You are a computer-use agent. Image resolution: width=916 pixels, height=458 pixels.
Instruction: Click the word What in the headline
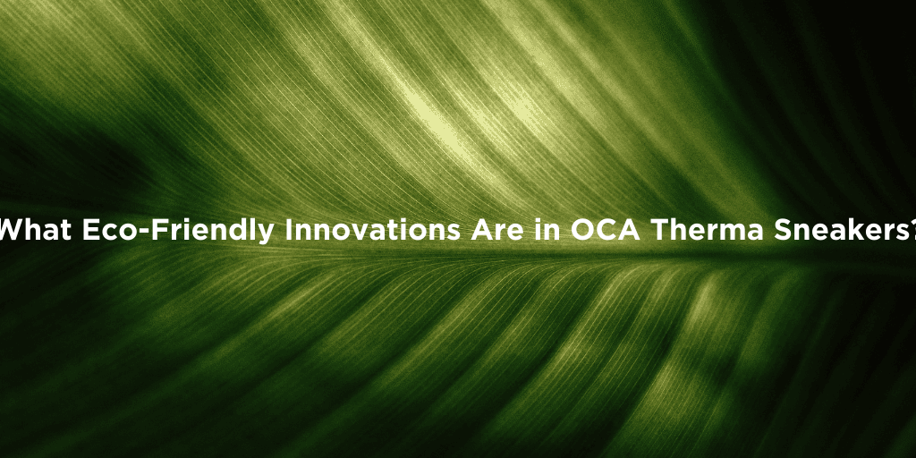pyautogui.click(x=35, y=230)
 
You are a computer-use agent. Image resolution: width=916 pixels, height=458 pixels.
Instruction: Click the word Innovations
pyautogui.click(x=373, y=230)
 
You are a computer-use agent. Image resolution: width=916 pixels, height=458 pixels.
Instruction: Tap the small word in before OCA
pyautogui.click(x=547, y=230)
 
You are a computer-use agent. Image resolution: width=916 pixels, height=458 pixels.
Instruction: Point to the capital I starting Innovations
pyautogui.click(x=289, y=230)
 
